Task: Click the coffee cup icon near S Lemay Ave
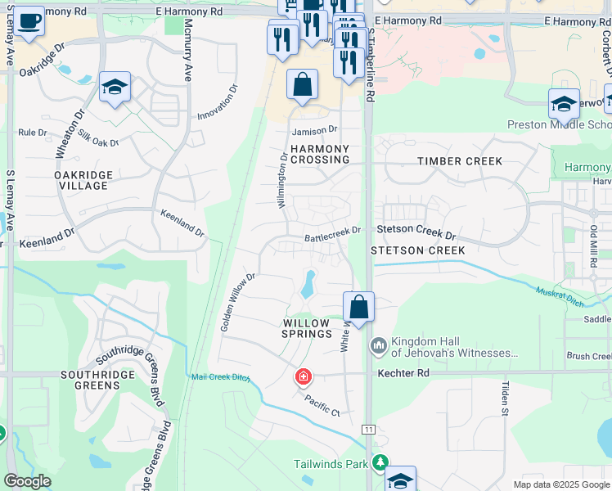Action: coord(29,22)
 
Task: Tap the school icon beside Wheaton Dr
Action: coord(115,88)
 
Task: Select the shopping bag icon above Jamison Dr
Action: coord(302,84)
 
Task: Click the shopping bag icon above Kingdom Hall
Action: coord(358,308)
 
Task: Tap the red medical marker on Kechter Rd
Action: coord(303,376)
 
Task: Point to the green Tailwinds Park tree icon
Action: coord(379,463)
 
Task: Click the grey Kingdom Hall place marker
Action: coord(378,347)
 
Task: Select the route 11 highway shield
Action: coord(368,430)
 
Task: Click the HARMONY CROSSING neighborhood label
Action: coord(320,155)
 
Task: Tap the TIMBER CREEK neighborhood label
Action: coord(460,161)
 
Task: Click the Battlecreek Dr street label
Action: coord(332,232)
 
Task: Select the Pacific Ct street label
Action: coord(322,403)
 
